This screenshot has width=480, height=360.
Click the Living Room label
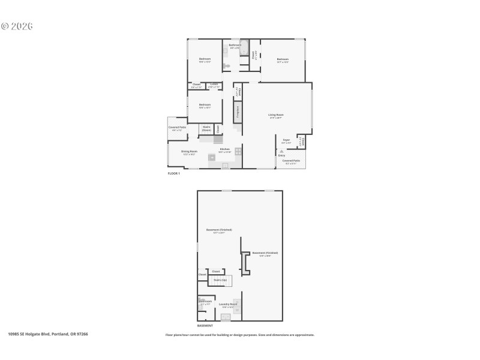tap(276, 115)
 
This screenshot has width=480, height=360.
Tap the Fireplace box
tap(238, 111)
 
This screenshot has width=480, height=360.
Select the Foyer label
tap(286, 140)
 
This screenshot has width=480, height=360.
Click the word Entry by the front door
tap(281, 155)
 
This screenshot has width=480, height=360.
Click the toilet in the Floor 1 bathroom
tap(226, 65)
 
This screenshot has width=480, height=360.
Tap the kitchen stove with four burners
tap(238, 152)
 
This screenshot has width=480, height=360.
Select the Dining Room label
tap(189, 151)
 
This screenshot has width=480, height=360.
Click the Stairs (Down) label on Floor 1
tap(206, 128)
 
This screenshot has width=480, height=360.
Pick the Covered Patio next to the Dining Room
tap(178, 127)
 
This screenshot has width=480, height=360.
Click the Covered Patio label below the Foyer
tap(292, 161)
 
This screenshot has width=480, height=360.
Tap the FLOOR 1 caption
tap(173, 173)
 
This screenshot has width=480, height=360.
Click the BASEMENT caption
tap(205, 325)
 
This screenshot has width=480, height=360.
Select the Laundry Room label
tap(228, 304)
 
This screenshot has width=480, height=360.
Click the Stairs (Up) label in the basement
tap(220, 280)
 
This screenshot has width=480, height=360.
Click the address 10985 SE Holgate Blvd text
tap(48, 334)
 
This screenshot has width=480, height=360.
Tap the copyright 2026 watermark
tap(17, 26)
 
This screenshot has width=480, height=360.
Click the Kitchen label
tap(224, 149)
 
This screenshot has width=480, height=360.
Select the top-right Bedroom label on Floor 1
tap(283, 59)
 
